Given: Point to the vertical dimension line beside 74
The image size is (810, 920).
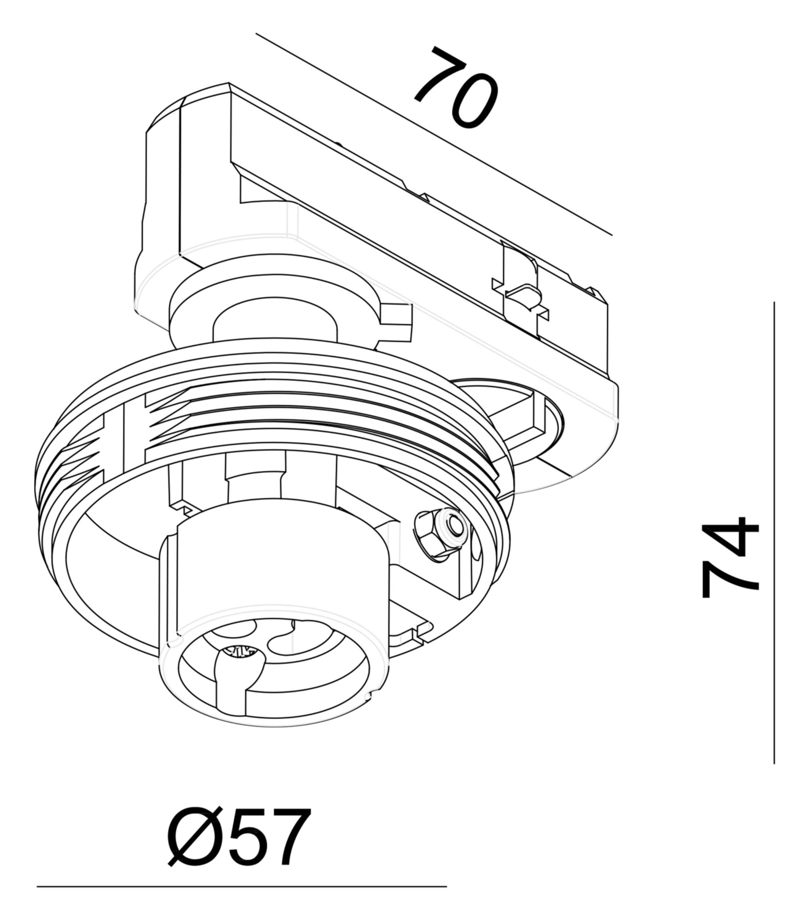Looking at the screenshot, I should [774, 506].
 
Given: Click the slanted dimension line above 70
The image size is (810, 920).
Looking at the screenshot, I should [433, 133].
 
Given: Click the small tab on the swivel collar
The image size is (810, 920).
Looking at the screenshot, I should [396, 322].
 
